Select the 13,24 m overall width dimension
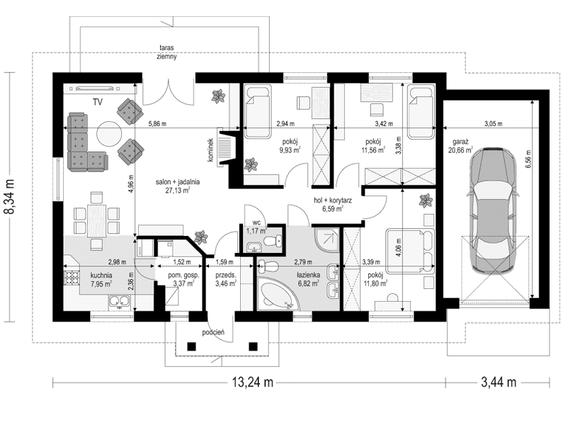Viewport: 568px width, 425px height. point(253,382)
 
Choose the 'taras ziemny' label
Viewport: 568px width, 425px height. point(167,52)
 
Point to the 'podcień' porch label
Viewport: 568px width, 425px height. point(213,331)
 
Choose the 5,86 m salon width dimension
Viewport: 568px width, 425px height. point(157,124)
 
